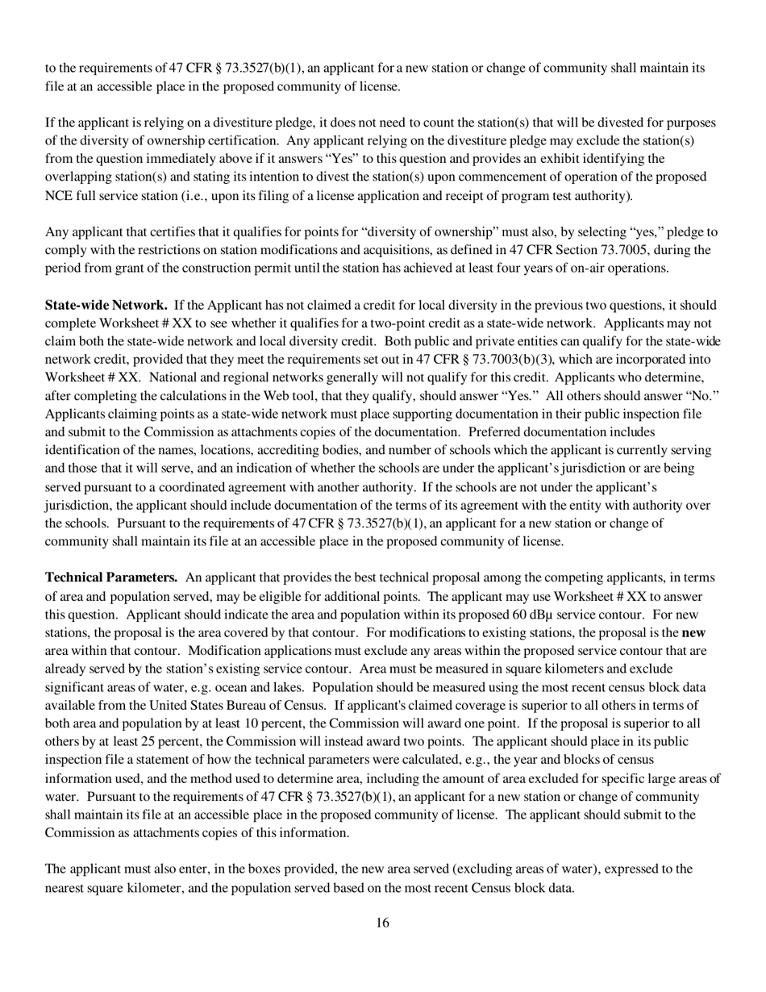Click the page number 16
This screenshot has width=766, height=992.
pyautogui.click(x=382, y=923)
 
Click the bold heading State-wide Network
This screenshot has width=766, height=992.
pyautogui.click(x=106, y=305)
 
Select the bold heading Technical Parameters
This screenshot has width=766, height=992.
pyautogui.click(x=111, y=577)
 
